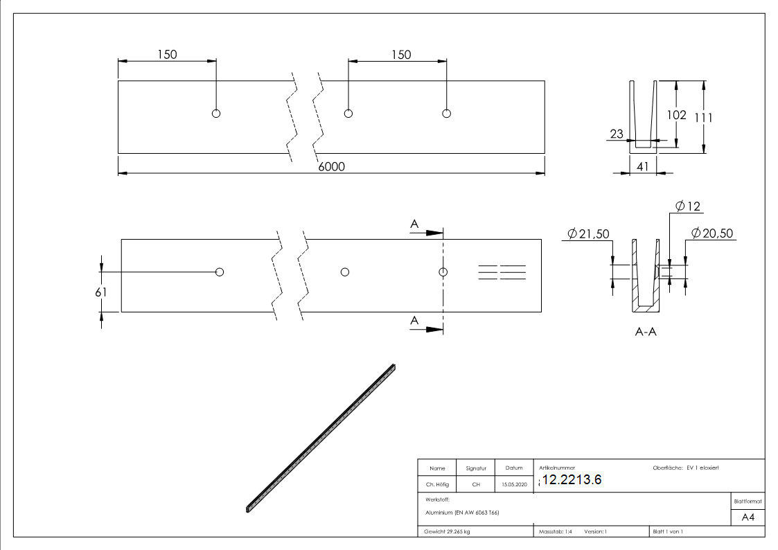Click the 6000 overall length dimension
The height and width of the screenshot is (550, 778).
(331, 166)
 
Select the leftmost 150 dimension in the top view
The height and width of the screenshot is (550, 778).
(167, 55)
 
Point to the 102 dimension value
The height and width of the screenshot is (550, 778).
(676, 115)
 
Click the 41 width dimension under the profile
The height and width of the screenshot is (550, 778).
(642, 166)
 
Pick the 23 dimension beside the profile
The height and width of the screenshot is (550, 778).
(617, 134)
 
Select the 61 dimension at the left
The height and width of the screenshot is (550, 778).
(102, 292)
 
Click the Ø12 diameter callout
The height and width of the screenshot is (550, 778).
(687, 206)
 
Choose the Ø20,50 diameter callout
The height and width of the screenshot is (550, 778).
(712, 234)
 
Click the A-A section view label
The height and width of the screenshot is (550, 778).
(646, 332)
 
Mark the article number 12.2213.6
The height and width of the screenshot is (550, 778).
(572, 480)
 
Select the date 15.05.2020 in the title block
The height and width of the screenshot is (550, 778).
(513, 485)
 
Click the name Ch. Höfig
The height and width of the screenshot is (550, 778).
(437, 485)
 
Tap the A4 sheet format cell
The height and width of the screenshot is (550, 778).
(748, 517)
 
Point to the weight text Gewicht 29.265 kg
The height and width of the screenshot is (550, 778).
(448, 531)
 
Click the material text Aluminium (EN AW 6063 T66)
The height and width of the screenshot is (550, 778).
(462, 513)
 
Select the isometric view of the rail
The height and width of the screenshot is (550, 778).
(320, 438)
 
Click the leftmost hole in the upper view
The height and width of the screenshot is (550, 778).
(216, 114)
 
